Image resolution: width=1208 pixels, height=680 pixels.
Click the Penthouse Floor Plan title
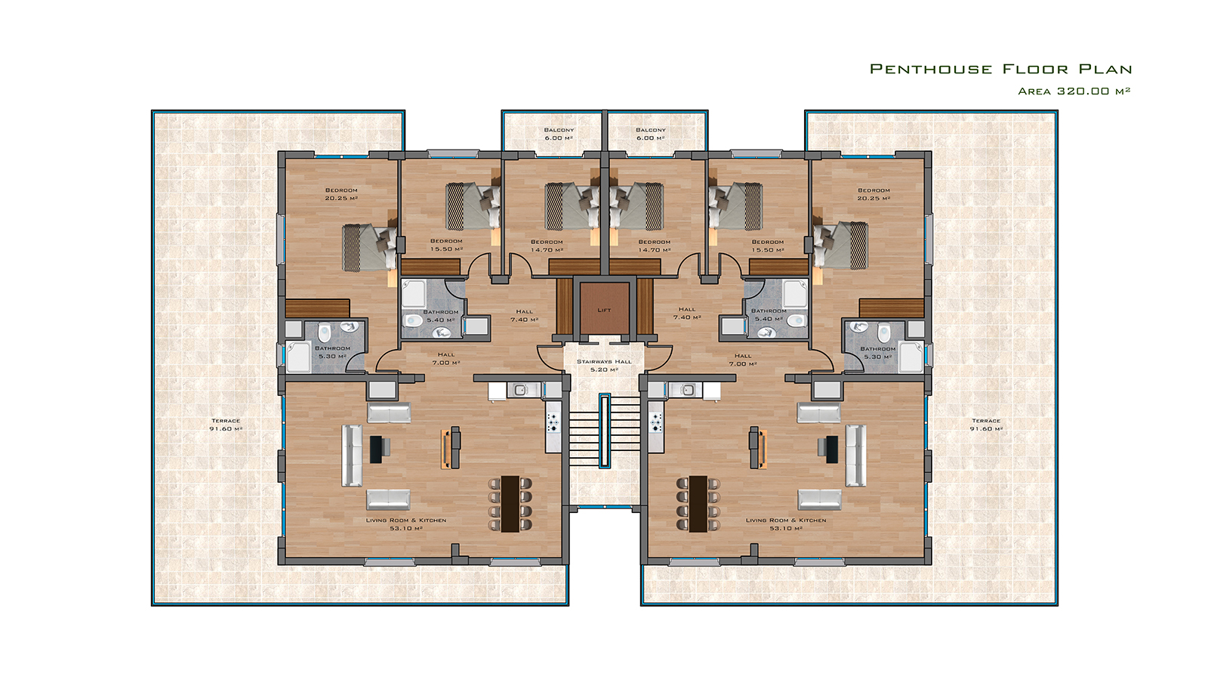1000,69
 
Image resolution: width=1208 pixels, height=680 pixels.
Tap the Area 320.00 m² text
1074,91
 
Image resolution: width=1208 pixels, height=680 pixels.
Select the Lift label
604,311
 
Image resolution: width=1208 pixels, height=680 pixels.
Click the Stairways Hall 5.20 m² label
604,366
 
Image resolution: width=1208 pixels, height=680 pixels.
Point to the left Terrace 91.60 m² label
226,425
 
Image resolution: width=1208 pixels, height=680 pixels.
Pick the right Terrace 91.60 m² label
986,425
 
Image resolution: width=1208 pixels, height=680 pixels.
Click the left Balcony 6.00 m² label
559,134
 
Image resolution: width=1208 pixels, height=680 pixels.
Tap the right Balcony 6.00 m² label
650,134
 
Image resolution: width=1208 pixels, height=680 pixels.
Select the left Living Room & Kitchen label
406,524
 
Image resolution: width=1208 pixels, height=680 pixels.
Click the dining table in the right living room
698,503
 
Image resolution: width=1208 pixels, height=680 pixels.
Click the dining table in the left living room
510,503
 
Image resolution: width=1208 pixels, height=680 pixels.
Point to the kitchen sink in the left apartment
520,390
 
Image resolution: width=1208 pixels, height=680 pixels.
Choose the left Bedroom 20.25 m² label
341,194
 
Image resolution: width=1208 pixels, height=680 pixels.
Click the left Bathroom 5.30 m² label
332,352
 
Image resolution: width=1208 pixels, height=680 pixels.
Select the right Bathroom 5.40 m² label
769,315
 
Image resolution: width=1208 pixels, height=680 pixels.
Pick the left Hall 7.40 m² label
524,316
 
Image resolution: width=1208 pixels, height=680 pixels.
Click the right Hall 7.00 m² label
743,360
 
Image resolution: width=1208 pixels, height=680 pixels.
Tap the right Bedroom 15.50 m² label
767,246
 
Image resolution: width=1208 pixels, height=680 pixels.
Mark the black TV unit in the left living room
376,450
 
